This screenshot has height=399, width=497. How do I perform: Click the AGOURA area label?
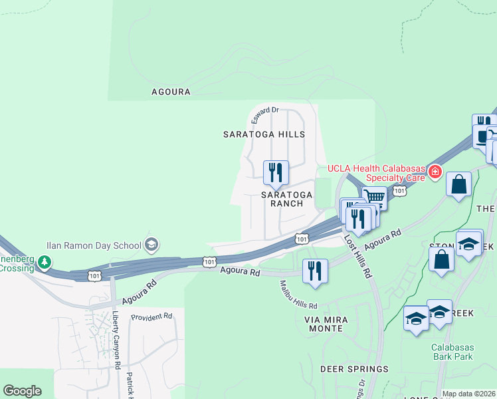click(x=171, y=92)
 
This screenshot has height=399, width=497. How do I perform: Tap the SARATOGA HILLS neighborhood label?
click(x=264, y=134)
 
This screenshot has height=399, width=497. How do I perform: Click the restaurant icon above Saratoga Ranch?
click(x=276, y=173)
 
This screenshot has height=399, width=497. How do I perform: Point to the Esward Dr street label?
click(x=265, y=115)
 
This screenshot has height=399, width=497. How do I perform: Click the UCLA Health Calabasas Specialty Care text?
click(x=376, y=172)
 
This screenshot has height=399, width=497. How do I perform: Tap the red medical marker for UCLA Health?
click(x=435, y=172)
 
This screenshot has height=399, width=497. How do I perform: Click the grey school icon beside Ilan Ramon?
click(x=151, y=244)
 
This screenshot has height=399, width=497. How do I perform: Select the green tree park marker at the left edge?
click(x=44, y=261)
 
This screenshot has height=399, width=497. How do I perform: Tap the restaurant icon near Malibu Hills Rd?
click(x=315, y=271)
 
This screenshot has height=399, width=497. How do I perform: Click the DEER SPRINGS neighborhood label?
click(x=354, y=369)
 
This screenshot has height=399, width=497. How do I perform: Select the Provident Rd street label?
click(x=151, y=317)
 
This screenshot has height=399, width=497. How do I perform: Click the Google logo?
click(x=22, y=391)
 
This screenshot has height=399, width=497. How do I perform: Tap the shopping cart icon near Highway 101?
click(x=375, y=197)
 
